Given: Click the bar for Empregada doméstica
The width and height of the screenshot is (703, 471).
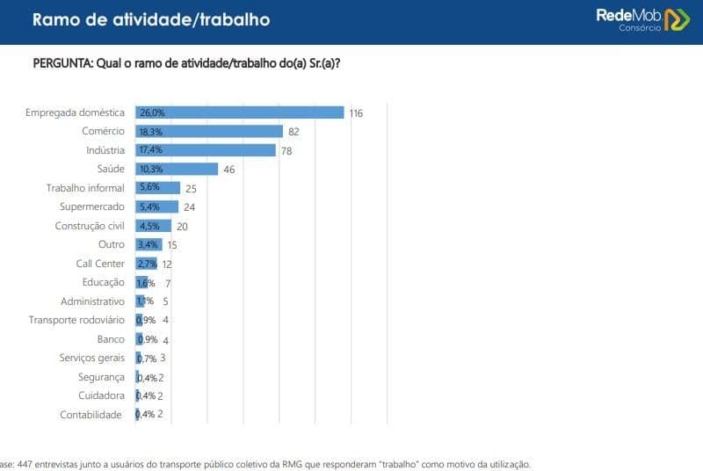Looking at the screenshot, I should pyautogui.click(x=239, y=112).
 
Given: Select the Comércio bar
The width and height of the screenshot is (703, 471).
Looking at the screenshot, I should pyautogui.click(x=209, y=131).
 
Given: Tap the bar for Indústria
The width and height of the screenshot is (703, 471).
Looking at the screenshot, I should pyautogui.click(x=206, y=150).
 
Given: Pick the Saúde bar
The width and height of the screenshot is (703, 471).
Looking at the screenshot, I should pyautogui.click(x=177, y=169).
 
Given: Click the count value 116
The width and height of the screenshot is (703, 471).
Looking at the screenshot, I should pyautogui.click(x=355, y=113).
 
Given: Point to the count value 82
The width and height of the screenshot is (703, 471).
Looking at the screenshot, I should pyautogui.click(x=294, y=132).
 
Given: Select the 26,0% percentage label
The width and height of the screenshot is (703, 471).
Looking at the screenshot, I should pyautogui.click(x=152, y=112).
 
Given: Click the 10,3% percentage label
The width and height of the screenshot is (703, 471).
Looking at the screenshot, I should pyautogui.click(x=152, y=169).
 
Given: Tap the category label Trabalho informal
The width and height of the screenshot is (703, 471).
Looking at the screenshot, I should pyautogui.click(x=85, y=188).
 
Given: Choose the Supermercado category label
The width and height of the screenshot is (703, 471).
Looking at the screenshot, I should pyautogui.click(x=92, y=207).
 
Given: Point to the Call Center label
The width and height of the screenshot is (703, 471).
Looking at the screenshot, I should pyautogui.click(x=100, y=264).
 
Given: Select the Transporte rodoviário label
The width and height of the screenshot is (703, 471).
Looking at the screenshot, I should pyautogui.click(x=76, y=320).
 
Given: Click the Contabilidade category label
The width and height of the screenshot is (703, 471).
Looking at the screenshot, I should pyautogui.click(x=91, y=415).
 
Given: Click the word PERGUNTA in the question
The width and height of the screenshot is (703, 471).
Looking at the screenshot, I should pyautogui.click(x=62, y=64).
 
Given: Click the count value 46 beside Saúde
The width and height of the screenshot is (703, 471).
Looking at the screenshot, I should pyautogui.click(x=228, y=170).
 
